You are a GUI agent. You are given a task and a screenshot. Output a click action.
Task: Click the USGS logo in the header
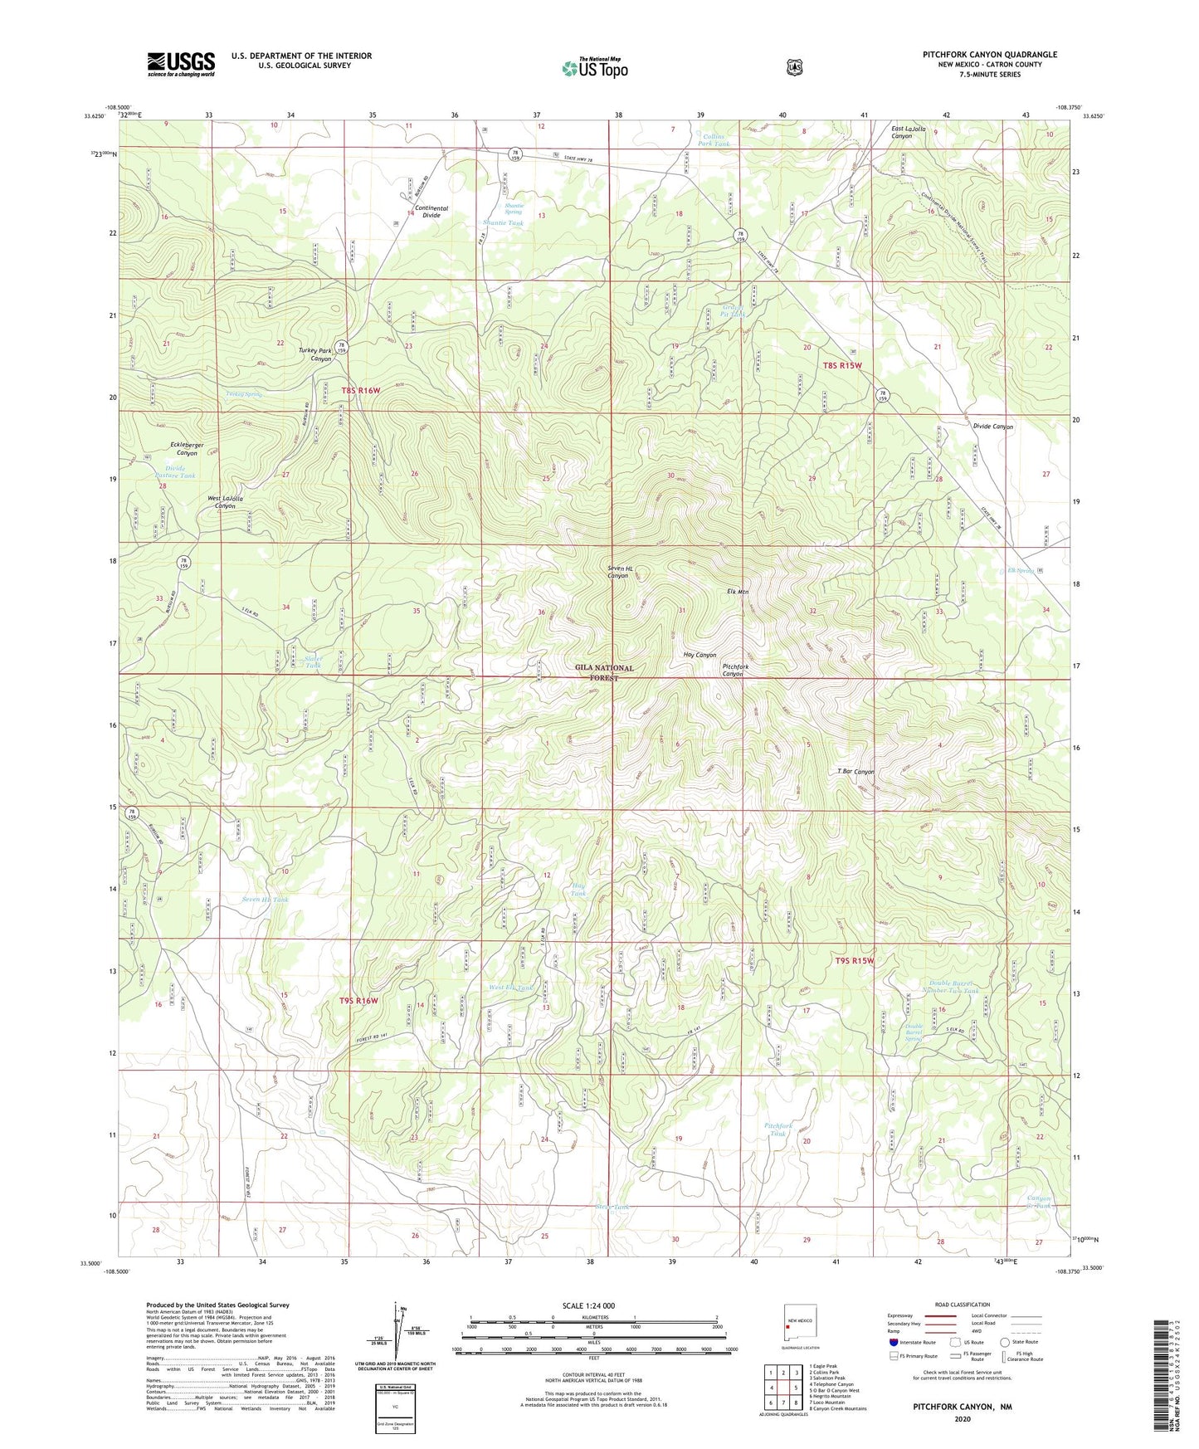pyautogui.click(x=181, y=64)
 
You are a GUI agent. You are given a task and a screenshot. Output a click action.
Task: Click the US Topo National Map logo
pyautogui.click(x=593, y=68)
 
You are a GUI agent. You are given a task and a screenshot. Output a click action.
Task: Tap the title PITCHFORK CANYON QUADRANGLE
pyautogui.click(x=989, y=55)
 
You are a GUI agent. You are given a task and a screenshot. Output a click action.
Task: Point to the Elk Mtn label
pyautogui.click(x=733, y=592)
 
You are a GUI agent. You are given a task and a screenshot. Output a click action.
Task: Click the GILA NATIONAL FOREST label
pyautogui.click(x=604, y=672)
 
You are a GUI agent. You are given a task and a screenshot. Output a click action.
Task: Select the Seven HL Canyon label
pyautogui.click(x=620, y=572)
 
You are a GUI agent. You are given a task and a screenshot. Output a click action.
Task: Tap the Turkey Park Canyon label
pyautogui.click(x=315, y=354)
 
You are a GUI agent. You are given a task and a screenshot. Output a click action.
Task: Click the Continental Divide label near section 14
pyautogui.click(x=431, y=212)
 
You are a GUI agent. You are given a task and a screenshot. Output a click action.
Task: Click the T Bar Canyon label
pyautogui.click(x=855, y=771)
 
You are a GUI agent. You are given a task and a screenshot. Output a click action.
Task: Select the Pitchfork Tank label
pyautogui.click(x=777, y=1129)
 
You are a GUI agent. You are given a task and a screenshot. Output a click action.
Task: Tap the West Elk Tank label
pyautogui.click(x=511, y=988)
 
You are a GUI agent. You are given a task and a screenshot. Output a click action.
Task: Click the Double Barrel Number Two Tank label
pyautogui.click(x=951, y=987)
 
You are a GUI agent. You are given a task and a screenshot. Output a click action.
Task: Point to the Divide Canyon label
pyautogui.click(x=992, y=427)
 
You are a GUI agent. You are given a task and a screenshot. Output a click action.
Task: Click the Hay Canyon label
pyautogui.click(x=699, y=655)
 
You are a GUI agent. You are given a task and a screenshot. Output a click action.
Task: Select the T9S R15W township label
pyautogui.click(x=854, y=960)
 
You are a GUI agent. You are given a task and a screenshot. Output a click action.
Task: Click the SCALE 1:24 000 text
pyautogui.click(x=588, y=1305)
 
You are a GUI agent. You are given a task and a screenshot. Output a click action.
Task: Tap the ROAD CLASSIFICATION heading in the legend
pyautogui.click(x=962, y=1305)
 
